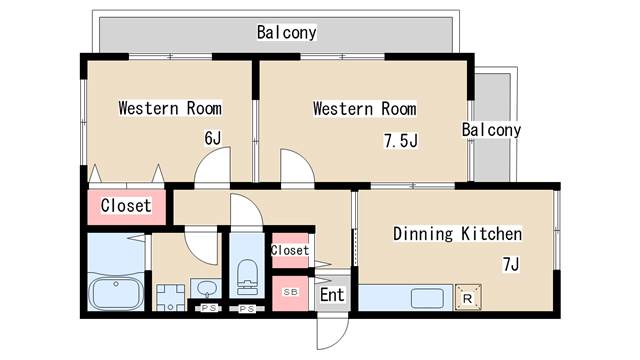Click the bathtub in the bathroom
point(117,295)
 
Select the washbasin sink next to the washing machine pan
point(206,290)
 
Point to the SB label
point(290,292)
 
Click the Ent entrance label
point(331,295)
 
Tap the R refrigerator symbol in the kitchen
point(467,296)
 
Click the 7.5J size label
point(400,140)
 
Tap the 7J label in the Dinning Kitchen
point(510,264)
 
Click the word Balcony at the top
point(286,33)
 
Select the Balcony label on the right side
point(491,130)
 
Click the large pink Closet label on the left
point(126,206)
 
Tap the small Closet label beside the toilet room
point(290,249)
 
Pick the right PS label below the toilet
point(247,309)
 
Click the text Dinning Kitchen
point(457,234)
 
